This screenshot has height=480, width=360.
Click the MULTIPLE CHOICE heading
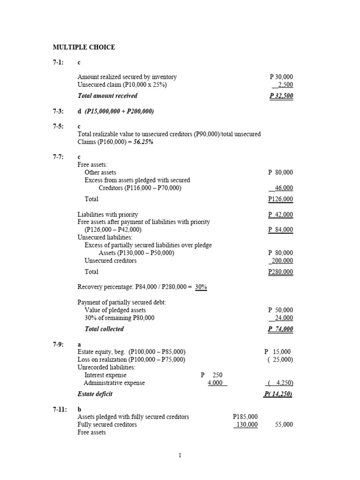(x=83, y=47)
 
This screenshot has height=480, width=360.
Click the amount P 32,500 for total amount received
(x=281, y=96)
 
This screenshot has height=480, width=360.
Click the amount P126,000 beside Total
(x=281, y=199)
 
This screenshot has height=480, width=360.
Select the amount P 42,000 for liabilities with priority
(x=281, y=214)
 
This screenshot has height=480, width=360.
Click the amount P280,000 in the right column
(x=281, y=272)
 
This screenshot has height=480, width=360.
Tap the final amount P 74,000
(x=281, y=329)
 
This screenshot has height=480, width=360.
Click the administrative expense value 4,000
(x=217, y=383)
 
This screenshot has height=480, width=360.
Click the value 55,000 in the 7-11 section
(x=284, y=424)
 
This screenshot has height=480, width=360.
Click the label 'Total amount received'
(x=107, y=96)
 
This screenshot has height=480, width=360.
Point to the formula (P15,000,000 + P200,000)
(x=120, y=111)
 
